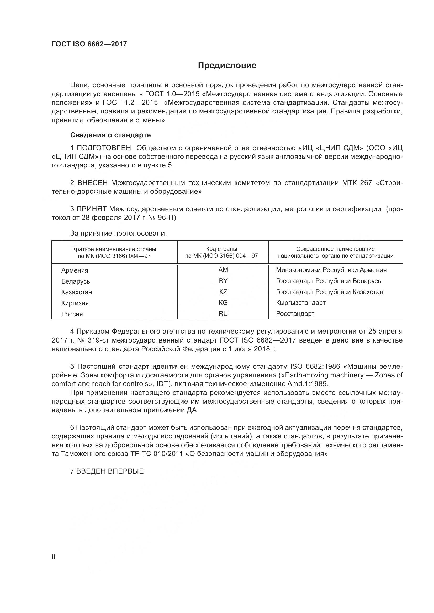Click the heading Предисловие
[227, 66]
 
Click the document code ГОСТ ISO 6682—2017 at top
[89, 44]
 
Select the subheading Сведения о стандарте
[110, 135]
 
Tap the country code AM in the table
[223, 270]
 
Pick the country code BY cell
[223, 281]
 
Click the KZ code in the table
[223, 292]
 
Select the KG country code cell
[223, 302]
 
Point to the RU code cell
[223, 314]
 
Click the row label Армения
[75, 270]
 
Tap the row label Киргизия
[75, 303]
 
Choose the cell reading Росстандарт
[295, 314]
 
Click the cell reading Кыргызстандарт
[301, 303]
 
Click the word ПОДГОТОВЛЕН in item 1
[104, 148]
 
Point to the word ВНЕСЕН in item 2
[92, 183]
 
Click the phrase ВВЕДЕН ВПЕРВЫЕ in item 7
[110, 471]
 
